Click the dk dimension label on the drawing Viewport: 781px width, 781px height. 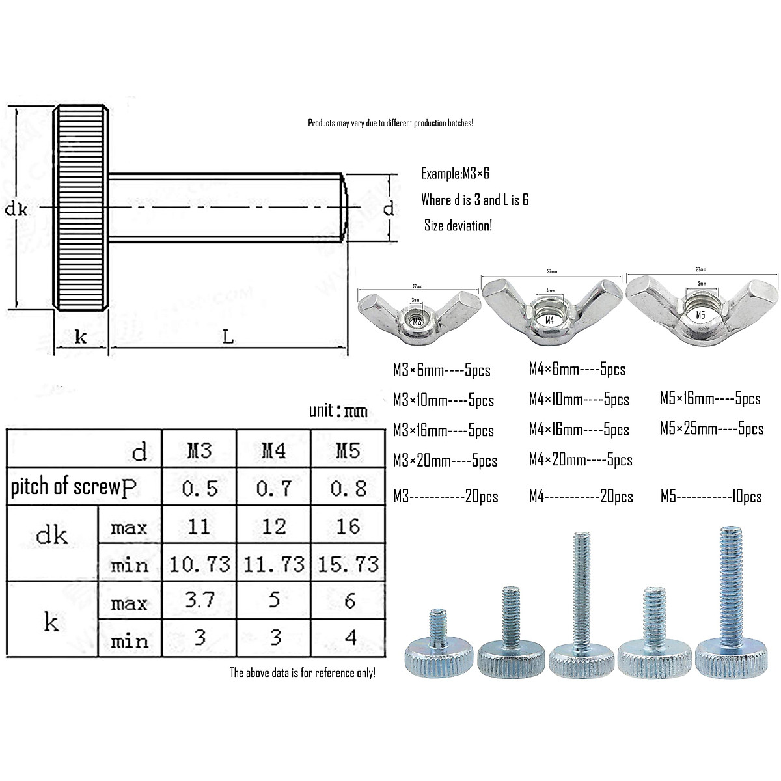pyautogui.click(x=17, y=209)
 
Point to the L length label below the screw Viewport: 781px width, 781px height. pyautogui.click(x=227, y=336)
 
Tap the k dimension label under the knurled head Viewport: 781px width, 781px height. pyautogui.click(x=81, y=337)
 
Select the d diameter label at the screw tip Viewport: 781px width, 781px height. pyautogui.click(x=388, y=209)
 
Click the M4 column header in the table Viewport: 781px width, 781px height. pyautogui.click(x=273, y=450)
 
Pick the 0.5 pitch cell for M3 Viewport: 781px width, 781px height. pyautogui.click(x=200, y=488)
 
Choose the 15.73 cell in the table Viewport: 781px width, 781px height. pyautogui.click(x=348, y=564)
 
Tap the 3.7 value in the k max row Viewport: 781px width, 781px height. pyautogui.click(x=200, y=599)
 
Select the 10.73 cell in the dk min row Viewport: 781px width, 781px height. pyautogui.click(x=200, y=564)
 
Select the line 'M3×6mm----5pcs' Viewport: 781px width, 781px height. pyautogui.click(x=441, y=371)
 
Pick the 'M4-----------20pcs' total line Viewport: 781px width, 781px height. pyautogui.click(x=581, y=497)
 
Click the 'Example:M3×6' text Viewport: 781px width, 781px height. pyautogui.click(x=455, y=174)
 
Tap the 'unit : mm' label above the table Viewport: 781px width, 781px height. pyautogui.click(x=338, y=411)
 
